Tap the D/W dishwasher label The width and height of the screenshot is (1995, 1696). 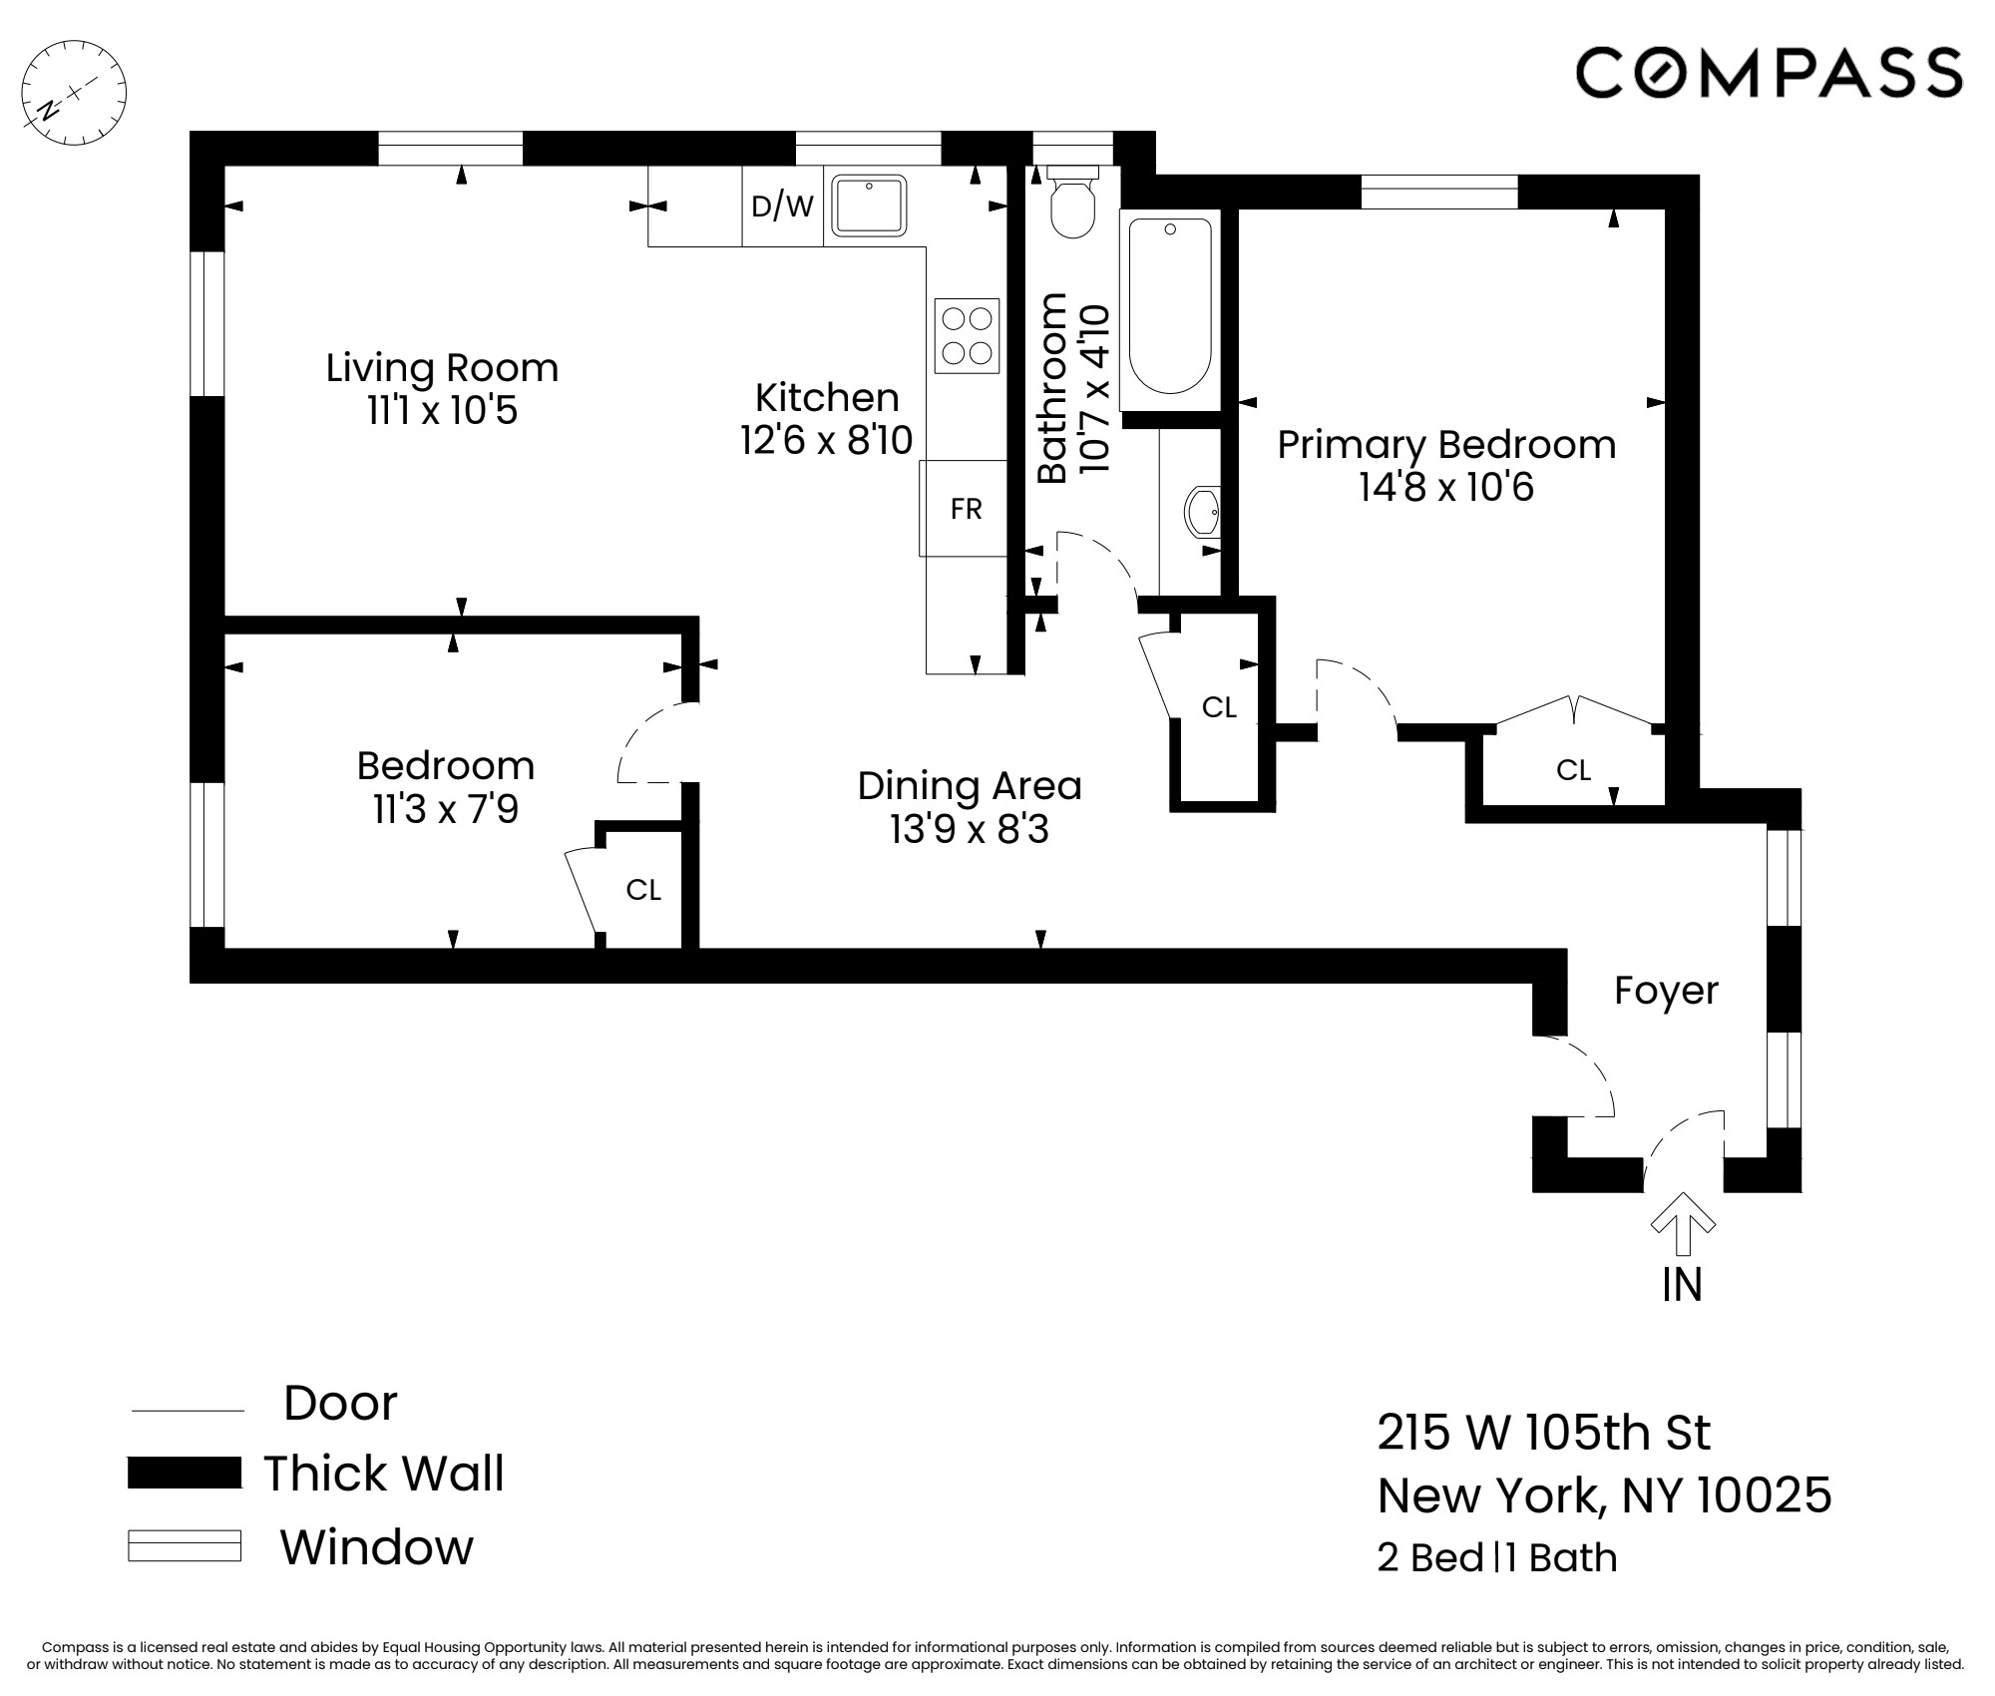pos(782,207)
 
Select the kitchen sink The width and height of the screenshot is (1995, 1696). pos(869,206)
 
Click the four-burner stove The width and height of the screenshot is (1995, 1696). pos(967,335)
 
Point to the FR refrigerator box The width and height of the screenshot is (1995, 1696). pos(965,509)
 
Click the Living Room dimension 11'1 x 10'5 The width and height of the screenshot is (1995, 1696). pos(442,410)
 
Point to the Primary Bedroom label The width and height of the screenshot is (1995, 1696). pos(1446,445)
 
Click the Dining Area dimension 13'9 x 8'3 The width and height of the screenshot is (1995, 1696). pos(970,829)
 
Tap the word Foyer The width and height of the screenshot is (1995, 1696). pos(1666,991)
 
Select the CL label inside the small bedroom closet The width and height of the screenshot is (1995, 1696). pos(643,890)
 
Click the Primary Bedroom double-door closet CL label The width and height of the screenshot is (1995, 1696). pos(1573,770)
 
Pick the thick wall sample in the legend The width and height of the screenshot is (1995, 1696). pos(185,1474)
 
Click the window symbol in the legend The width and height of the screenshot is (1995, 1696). pos(185,1546)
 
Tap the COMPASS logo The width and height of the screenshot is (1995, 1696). pos(1769,73)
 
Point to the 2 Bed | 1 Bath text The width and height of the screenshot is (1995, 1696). pos(1496,1558)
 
